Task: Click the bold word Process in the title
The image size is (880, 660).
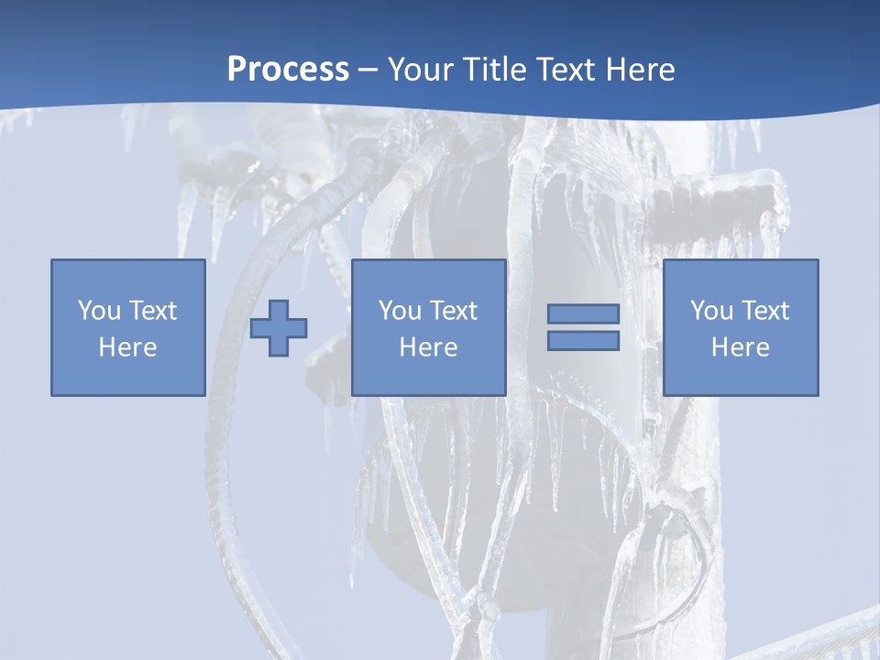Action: click(288, 70)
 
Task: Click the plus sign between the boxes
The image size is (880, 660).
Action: click(279, 327)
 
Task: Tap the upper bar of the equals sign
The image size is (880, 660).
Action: click(583, 314)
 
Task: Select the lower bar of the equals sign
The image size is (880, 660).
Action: click(583, 340)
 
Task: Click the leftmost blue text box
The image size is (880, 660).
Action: click(127, 327)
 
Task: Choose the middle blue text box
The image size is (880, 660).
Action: click(428, 327)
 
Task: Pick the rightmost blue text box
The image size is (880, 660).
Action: click(740, 327)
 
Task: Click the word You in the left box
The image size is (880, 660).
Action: click(99, 311)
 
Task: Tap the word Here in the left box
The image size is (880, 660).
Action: click(127, 347)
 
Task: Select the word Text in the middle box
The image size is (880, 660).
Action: click(453, 311)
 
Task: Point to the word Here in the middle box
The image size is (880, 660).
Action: click(428, 347)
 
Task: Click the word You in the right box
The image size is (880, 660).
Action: click(711, 311)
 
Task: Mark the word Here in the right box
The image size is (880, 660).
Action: click(740, 347)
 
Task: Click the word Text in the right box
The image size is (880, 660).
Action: click(764, 311)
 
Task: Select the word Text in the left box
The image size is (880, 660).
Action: click(152, 311)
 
